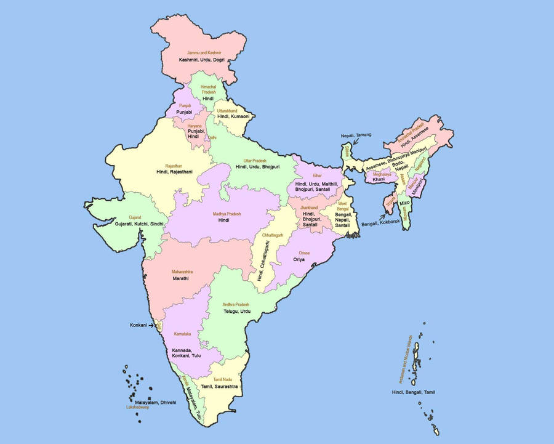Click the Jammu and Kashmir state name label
(204, 54)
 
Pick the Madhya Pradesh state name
(227, 213)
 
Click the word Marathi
(181, 278)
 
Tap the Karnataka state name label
(182, 334)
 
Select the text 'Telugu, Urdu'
(237, 312)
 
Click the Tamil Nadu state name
(222, 380)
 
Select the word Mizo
(404, 202)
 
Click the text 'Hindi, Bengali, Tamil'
(418, 392)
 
